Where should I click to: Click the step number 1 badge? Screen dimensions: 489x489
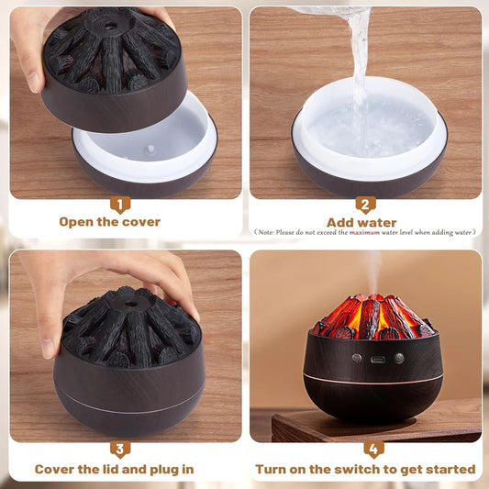click(123, 205)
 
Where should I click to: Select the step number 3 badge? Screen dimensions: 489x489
click(123, 450)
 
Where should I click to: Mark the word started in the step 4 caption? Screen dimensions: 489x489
click(450, 469)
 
